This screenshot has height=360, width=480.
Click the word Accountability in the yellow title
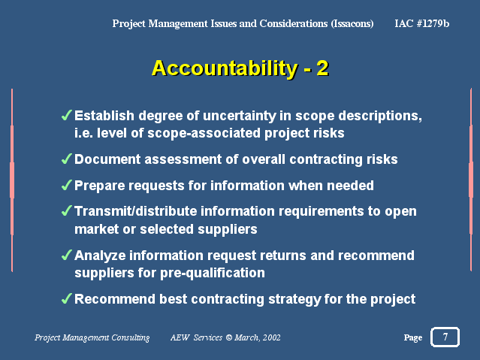tap(225, 68)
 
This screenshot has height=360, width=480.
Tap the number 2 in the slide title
tap(323, 68)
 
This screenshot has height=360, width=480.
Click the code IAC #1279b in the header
tap(422, 23)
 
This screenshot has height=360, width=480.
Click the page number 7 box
tap(445, 337)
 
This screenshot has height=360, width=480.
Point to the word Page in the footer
tap(413, 337)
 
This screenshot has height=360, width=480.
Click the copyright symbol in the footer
tap(229, 337)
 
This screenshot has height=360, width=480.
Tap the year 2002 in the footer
tap(271, 337)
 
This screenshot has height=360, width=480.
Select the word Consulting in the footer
tap(131, 337)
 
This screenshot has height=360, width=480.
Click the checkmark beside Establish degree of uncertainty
tap(67, 115)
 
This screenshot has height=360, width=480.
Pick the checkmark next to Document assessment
tap(67, 159)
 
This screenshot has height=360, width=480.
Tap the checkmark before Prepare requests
tap(67, 185)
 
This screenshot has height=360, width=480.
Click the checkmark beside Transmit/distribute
tap(67, 210)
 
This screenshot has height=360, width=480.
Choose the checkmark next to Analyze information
tap(67, 255)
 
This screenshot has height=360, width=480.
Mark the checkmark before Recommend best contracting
tap(67, 298)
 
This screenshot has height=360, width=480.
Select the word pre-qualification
tap(213, 274)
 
